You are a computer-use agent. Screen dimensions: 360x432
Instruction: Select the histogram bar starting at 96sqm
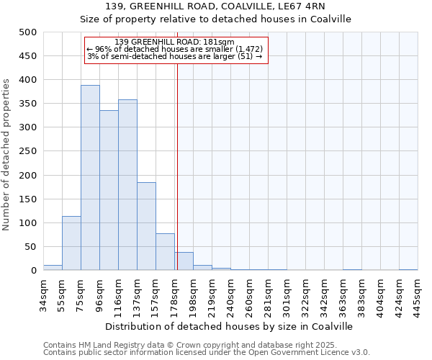(109, 190)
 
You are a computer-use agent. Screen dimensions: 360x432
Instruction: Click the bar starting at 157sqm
(165, 252)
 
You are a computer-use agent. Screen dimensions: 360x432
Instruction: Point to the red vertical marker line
(177, 158)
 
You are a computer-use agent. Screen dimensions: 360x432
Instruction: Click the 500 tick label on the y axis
(27, 32)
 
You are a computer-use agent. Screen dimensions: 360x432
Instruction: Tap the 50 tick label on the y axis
(30, 247)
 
